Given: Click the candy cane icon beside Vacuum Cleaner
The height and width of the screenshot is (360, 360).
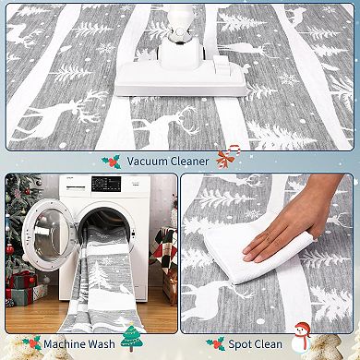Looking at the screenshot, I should (227, 159).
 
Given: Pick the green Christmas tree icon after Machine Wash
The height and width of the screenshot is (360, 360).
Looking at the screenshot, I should (132, 340).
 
